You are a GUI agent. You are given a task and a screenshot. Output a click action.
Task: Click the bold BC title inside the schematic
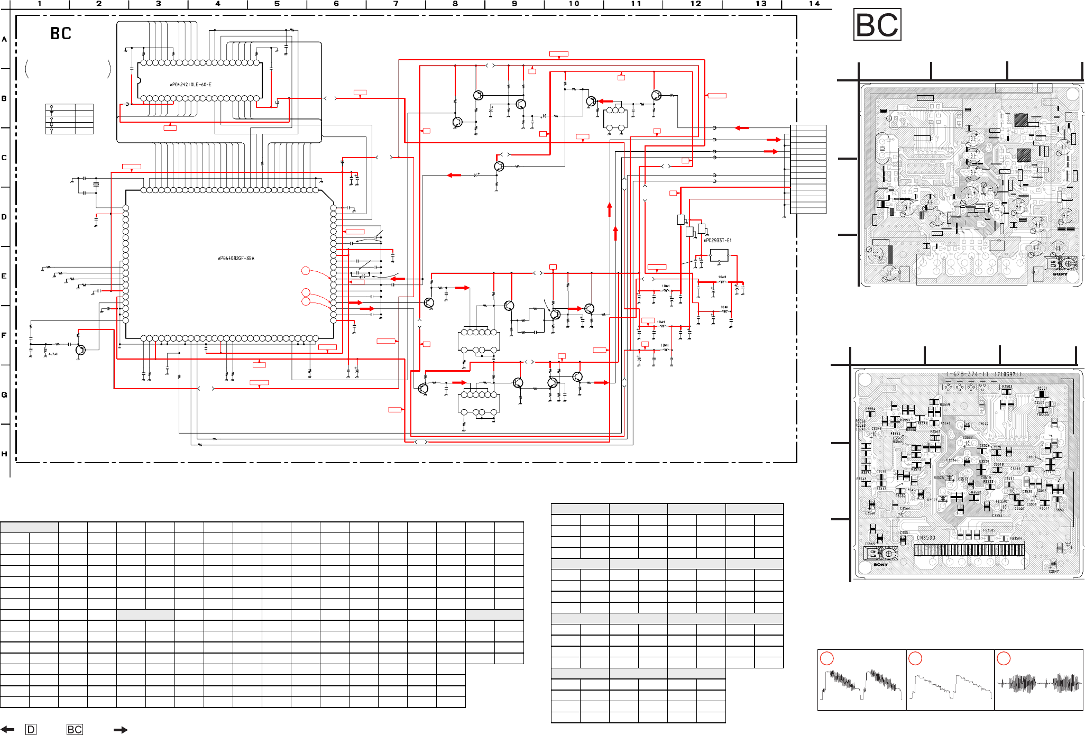[x=61, y=34]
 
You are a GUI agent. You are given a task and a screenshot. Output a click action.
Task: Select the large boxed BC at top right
[x=877, y=25]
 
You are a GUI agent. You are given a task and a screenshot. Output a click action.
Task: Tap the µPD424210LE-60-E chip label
[x=190, y=85]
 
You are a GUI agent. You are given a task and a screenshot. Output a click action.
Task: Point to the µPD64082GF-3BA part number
[x=236, y=259]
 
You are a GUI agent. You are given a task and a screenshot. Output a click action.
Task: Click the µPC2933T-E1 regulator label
[x=718, y=241]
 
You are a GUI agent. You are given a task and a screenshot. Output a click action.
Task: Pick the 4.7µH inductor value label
[x=53, y=354]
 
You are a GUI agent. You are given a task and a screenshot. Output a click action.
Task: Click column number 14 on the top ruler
[x=814, y=4]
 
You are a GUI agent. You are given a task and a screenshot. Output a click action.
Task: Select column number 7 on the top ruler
[x=396, y=4]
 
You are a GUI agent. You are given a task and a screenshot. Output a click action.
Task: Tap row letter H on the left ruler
[x=4, y=454]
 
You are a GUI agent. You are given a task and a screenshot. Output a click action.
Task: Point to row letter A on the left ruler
[x=4, y=39]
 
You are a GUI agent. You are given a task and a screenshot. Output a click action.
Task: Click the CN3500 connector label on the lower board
[x=926, y=538]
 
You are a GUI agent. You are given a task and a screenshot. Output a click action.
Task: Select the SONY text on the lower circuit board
[x=881, y=565]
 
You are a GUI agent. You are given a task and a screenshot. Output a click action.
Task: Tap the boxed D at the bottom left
[x=31, y=730]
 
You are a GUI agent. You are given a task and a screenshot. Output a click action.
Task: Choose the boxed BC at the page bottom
[x=75, y=730]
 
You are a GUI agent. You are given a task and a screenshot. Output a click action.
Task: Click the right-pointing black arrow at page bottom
[x=121, y=730]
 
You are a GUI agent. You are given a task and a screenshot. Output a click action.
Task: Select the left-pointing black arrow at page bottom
[x=7, y=730]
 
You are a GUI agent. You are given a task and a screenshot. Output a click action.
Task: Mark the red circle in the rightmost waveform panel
[x=1004, y=658]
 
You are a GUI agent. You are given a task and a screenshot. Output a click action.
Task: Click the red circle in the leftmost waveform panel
[x=827, y=658]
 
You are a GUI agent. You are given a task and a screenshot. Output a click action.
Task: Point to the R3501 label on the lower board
[x=1042, y=388]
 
